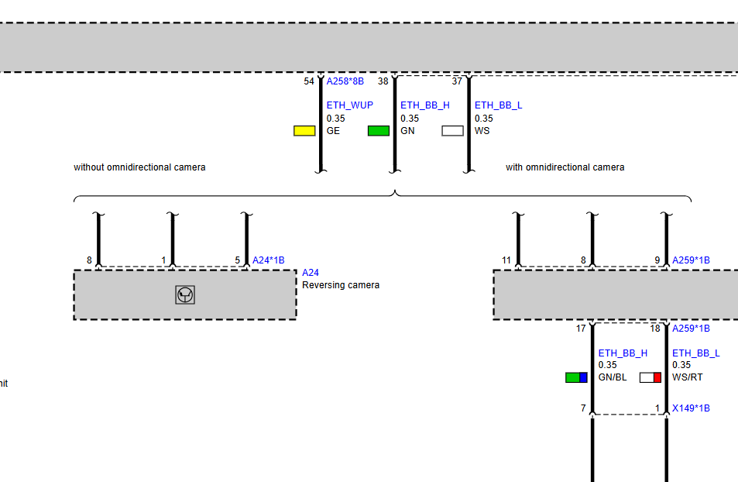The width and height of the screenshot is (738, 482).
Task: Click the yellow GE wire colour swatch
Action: click(x=304, y=131)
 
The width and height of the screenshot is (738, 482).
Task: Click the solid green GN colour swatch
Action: click(x=379, y=131)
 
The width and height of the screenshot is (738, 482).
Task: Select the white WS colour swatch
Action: click(x=453, y=131)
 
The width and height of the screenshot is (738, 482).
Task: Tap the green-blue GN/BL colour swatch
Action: click(x=577, y=377)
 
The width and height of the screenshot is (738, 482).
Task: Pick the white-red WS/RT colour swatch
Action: click(x=650, y=377)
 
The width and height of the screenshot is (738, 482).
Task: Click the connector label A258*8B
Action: click(x=345, y=81)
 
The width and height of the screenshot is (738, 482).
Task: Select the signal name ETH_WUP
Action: click(x=349, y=105)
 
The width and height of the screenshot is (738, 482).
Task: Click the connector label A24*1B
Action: click(x=268, y=260)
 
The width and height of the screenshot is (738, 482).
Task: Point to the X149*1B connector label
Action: click(x=691, y=408)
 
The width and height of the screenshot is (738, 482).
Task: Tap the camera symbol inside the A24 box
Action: click(x=185, y=294)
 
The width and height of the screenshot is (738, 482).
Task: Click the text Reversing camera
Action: click(x=341, y=285)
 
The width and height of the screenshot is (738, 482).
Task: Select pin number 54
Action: click(x=309, y=81)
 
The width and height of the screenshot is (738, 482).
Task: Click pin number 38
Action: click(x=383, y=81)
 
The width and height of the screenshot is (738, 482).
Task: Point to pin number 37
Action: click(x=457, y=81)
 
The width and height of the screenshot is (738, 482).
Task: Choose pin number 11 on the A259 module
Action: click(x=506, y=260)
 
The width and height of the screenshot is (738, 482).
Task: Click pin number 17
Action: click(x=581, y=329)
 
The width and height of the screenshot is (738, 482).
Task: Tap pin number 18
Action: click(x=655, y=329)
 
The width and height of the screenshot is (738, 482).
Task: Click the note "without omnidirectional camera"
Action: click(x=139, y=167)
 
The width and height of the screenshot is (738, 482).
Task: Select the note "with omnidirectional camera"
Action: click(x=565, y=167)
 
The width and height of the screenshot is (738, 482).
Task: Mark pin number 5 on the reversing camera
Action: click(x=238, y=260)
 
